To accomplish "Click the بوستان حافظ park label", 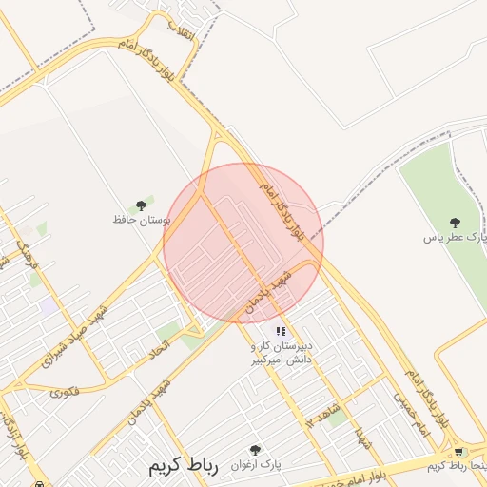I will click(141, 220).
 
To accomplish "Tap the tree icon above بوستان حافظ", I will click(141, 205).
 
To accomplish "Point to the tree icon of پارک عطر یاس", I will click(455, 223).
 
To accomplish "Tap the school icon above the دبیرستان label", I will click(281, 331).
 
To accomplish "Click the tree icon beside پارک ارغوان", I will click(254, 449).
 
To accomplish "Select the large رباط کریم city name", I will click(184, 468).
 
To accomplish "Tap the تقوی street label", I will click(64, 391).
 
